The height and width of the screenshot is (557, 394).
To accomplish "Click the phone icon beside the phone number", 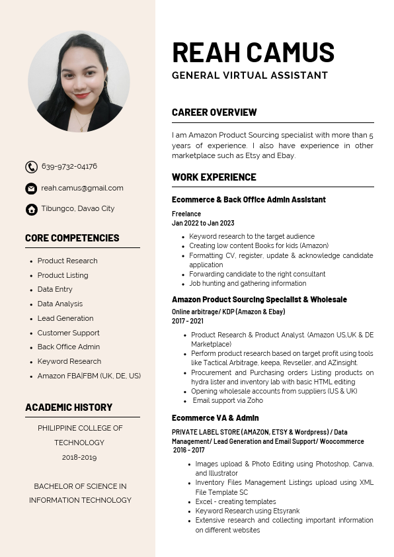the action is [x=31, y=167].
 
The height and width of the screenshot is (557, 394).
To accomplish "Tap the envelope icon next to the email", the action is [x=31, y=189].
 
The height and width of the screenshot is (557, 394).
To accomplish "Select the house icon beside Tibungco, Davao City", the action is [x=31, y=210].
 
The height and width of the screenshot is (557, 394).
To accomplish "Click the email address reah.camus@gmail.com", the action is [x=82, y=188].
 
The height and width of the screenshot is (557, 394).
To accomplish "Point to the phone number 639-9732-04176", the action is [x=69, y=166].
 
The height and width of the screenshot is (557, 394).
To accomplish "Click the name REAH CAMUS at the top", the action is [x=253, y=52].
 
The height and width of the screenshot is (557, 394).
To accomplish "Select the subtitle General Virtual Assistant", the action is [x=249, y=75].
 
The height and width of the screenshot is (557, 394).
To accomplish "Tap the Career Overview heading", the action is [x=214, y=112].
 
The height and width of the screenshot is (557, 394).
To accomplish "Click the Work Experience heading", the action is [x=214, y=177].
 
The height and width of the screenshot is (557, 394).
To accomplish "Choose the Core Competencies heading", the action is [x=72, y=238].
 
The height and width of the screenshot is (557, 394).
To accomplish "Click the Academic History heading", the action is [x=69, y=407].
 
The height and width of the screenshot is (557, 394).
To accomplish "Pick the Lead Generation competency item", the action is [x=65, y=318].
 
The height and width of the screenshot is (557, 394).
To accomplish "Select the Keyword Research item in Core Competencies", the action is [x=69, y=361].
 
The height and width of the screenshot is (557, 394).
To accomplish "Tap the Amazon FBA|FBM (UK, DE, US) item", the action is [x=89, y=376].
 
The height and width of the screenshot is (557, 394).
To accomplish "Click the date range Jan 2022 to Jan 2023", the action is [x=203, y=224].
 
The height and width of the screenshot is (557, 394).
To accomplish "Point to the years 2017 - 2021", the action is [x=188, y=321].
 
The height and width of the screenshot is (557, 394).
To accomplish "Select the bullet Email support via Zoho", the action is [x=228, y=400].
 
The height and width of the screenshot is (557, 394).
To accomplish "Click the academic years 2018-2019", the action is [x=79, y=457].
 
